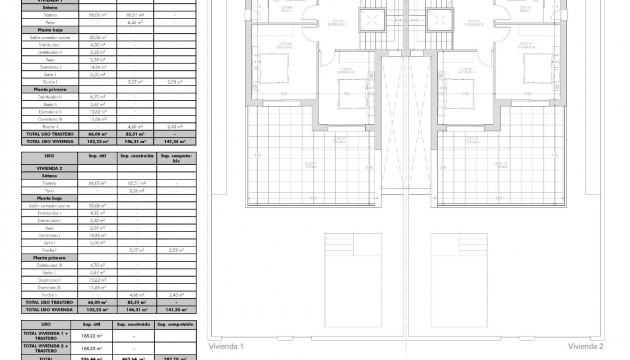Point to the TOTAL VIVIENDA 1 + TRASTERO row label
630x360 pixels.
point(47,336)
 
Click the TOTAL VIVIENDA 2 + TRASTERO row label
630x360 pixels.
point(47,349)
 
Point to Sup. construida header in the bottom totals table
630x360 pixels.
point(133,324)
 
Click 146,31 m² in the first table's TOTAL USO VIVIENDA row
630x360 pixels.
point(133,143)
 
